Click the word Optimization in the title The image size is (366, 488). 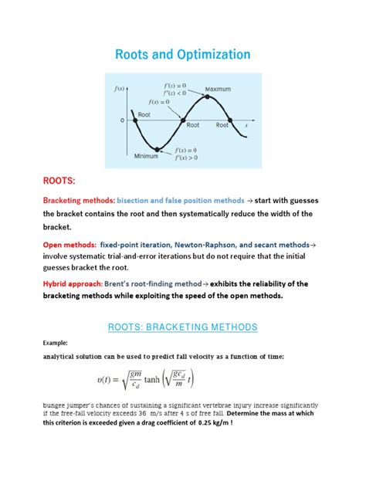(x=211, y=55)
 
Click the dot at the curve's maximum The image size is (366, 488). (x=207, y=97)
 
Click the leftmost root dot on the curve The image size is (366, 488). (x=136, y=120)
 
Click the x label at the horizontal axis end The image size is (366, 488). (x=246, y=124)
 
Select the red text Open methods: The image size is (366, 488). (x=67, y=242)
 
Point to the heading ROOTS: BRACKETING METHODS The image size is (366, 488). (x=182, y=327)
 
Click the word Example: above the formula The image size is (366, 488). (x=56, y=342)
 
